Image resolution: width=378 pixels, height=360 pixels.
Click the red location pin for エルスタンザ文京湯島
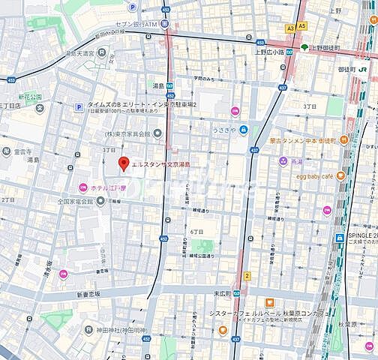[124, 163]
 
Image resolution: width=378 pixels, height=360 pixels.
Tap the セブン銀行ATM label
[139, 25]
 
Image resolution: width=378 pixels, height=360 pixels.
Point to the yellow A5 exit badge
[301, 26]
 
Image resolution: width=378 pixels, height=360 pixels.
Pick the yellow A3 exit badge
[290, 26]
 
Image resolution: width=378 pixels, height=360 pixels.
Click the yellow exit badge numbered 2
[246, 276]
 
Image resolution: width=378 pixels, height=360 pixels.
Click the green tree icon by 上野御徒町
[304, 47]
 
